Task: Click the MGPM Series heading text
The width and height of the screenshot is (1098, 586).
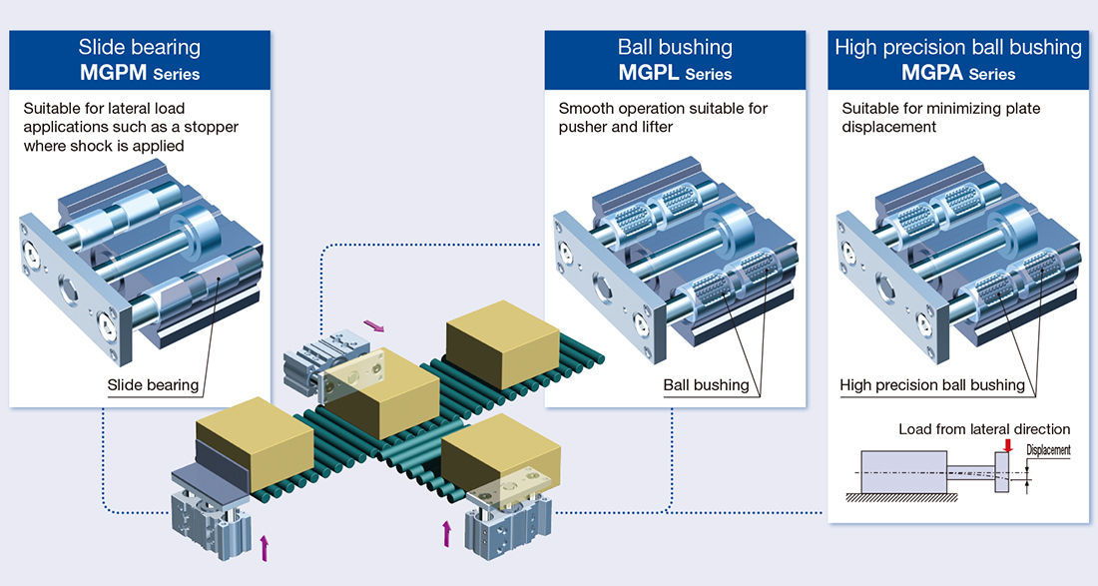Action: coord(140,73)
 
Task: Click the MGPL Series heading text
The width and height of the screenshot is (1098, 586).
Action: coord(675,73)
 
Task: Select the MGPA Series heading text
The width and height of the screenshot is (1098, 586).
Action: coord(958,73)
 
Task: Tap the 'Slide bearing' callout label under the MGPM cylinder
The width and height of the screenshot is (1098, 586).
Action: coord(153,384)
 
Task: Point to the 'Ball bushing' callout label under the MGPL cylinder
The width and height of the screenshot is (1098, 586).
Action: coord(706,384)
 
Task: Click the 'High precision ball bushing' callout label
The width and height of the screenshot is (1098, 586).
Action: coord(932,384)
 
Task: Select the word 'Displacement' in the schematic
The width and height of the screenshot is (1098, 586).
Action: coord(1048,450)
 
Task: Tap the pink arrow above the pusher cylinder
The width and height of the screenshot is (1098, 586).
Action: coord(373,324)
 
